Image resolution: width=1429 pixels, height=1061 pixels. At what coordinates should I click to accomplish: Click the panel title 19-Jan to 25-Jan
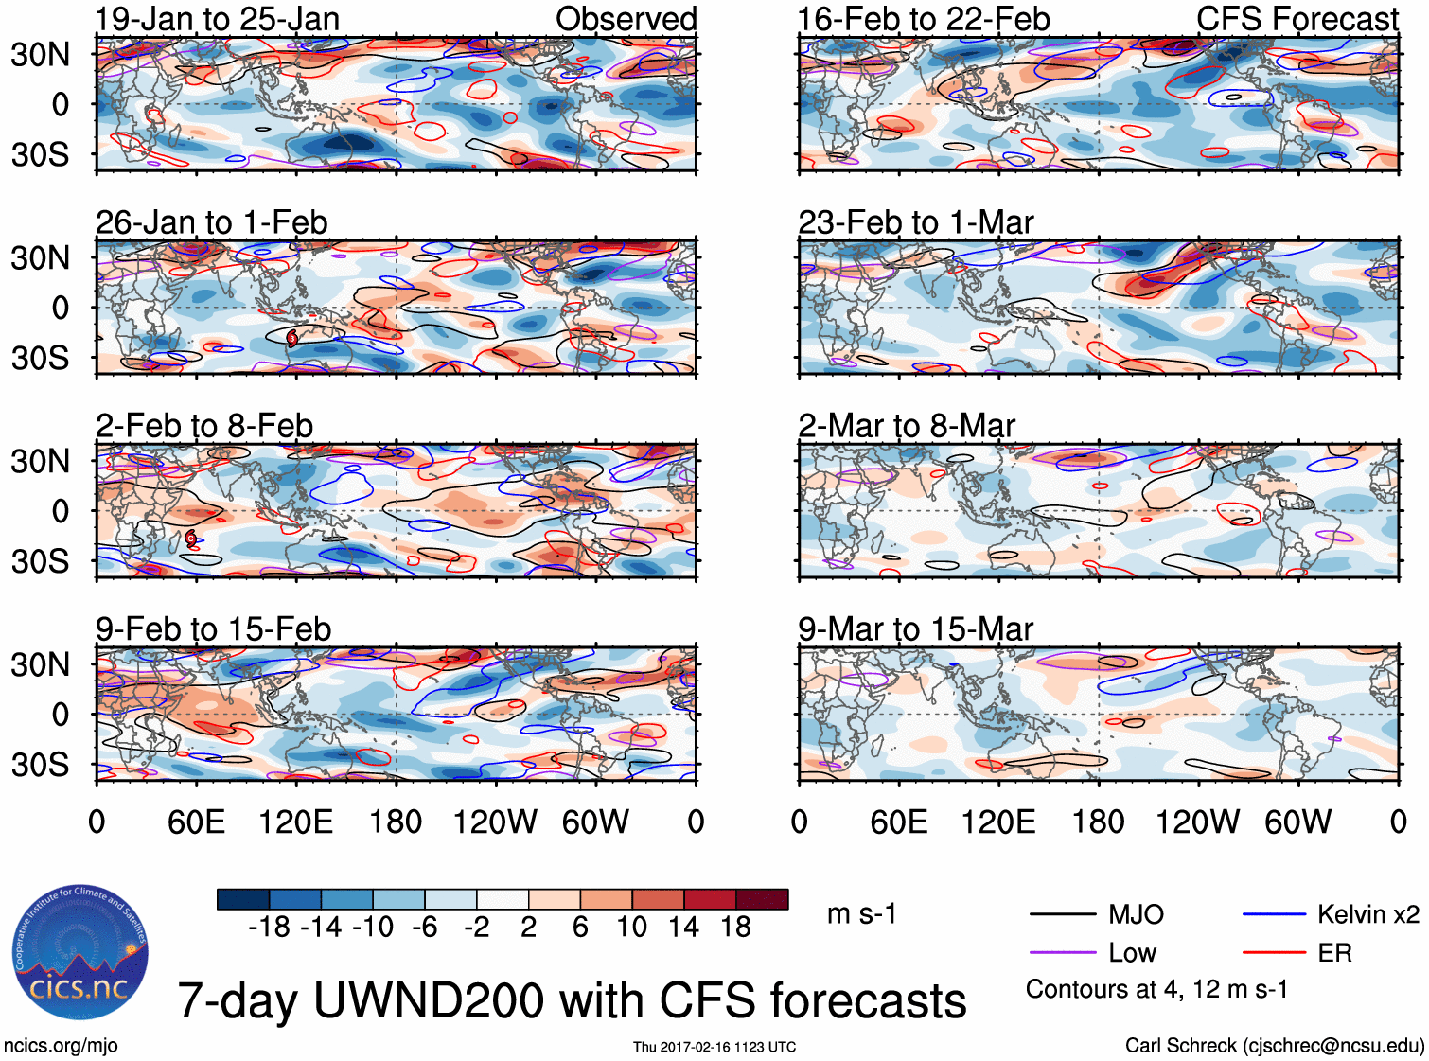click(217, 19)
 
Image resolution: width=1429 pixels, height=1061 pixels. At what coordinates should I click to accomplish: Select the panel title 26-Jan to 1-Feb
click(211, 222)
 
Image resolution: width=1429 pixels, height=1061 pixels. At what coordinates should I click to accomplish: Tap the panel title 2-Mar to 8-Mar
click(906, 426)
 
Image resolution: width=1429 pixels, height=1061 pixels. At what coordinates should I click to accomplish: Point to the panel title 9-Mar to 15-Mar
click(914, 629)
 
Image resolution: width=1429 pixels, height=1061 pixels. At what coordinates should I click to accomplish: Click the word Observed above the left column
click(626, 19)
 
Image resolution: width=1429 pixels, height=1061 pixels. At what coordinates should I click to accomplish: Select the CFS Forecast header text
click(1297, 19)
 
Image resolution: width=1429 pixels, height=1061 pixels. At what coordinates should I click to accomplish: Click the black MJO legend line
click(1063, 914)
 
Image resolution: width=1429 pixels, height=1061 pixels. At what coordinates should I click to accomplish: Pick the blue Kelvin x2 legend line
click(1274, 914)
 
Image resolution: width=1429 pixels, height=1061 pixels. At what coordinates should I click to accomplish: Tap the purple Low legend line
click(1063, 952)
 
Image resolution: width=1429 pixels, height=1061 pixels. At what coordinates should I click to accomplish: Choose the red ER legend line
click(1274, 952)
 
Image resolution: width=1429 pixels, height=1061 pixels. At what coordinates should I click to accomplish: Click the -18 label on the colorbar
click(269, 927)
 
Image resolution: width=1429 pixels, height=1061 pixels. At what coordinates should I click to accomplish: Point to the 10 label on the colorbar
click(631, 927)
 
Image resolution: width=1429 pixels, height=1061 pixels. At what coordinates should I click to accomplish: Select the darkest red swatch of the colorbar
click(762, 899)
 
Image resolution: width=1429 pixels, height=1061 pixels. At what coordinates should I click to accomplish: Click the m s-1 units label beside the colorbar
click(861, 914)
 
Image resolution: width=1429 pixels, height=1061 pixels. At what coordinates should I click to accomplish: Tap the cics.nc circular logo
click(80, 953)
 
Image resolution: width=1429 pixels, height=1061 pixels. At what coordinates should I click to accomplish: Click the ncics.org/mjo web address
click(61, 1045)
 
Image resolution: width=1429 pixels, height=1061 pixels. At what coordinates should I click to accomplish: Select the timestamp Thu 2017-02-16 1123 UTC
click(714, 1047)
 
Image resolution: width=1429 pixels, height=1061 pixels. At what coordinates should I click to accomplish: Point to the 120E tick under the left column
click(295, 822)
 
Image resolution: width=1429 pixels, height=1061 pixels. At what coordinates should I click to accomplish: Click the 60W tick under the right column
click(1297, 822)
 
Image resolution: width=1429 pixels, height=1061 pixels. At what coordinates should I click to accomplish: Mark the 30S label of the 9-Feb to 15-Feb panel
click(40, 765)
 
